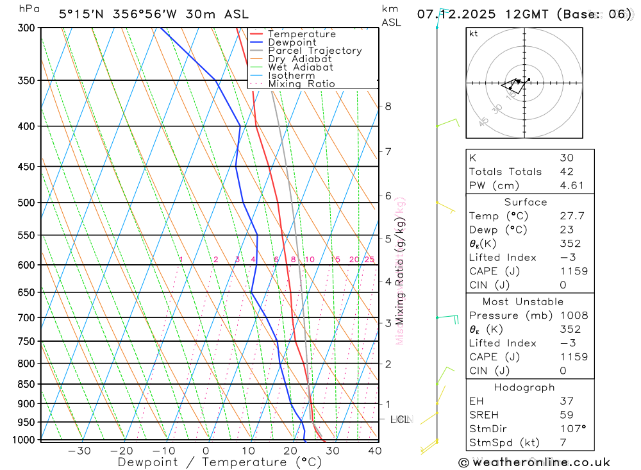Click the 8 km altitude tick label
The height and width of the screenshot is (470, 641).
point(388,106)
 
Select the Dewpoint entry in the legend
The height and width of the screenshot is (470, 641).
point(292,43)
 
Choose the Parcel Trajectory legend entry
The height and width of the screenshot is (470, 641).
point(314,51)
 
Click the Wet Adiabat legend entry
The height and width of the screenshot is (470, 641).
point(300,67)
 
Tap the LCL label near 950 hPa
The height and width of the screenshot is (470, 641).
point(399,419)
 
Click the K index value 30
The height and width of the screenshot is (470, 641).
point(566,158)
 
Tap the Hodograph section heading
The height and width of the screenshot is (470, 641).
point(524,387)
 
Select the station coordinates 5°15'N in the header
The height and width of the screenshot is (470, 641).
point(79,14)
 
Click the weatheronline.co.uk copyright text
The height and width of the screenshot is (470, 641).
point(534,462)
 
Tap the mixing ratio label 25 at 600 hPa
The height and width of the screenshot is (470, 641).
point(369,259)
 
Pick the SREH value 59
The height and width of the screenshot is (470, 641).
point(566,415)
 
